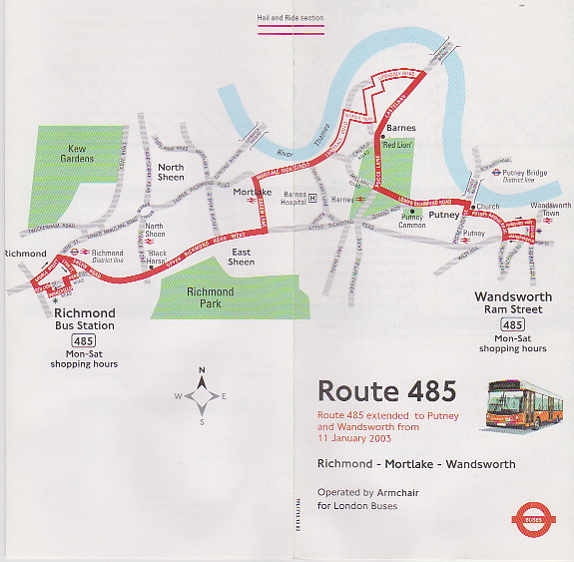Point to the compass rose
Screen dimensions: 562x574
point(202,396)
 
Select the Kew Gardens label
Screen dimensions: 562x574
point(77,154)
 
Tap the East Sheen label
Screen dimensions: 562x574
point(242,257)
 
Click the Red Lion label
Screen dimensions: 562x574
point(397,146)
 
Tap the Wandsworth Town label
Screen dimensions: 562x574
point(551,211)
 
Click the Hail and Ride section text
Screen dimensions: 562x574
point(290,17)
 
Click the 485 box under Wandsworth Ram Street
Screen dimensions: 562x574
point(512,325)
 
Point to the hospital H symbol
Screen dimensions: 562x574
point(312,198)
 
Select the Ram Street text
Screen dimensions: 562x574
point(512,310)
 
